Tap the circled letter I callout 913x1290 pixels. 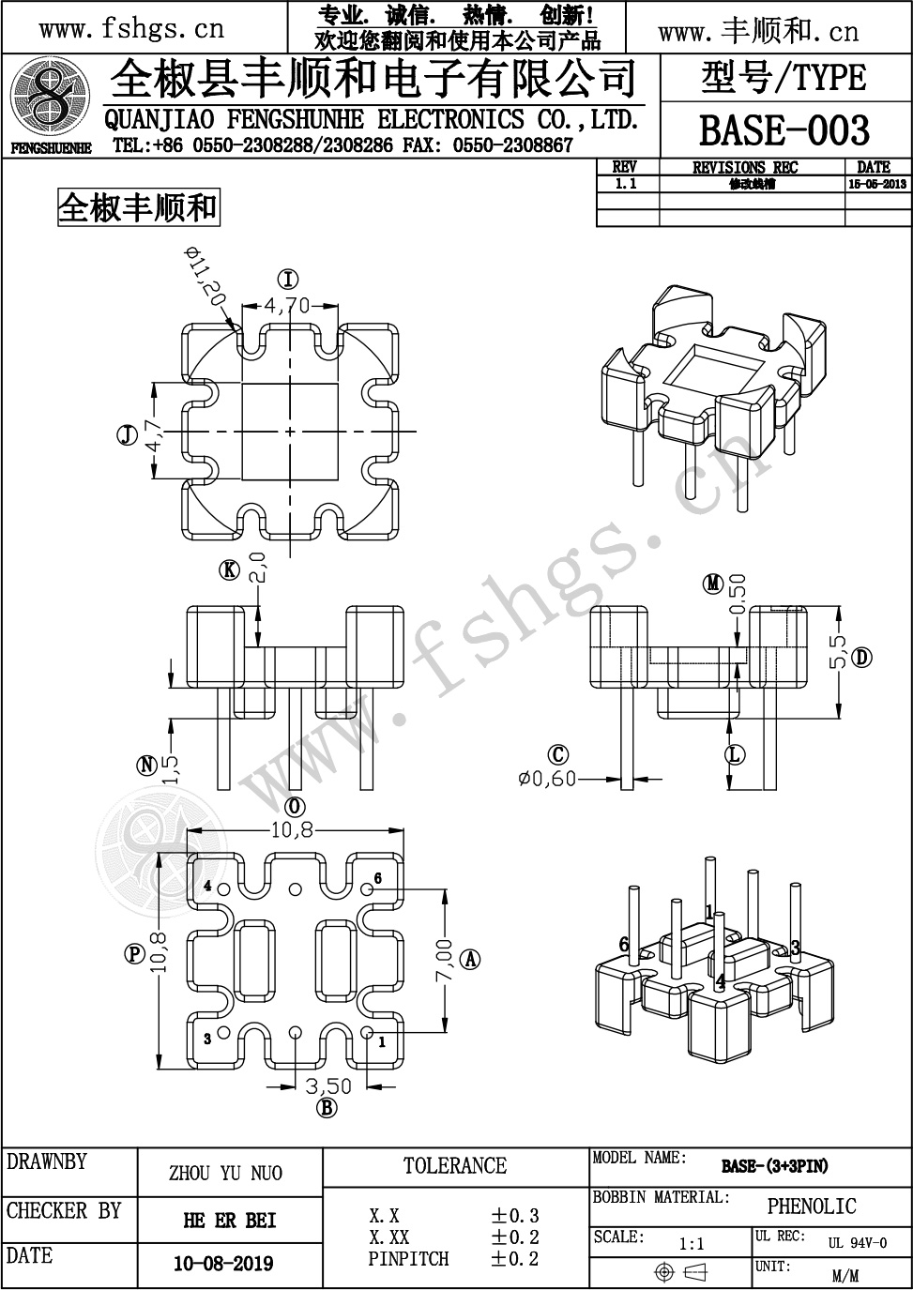(x=288, y=279)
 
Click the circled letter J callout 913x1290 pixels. (x=124, y=434)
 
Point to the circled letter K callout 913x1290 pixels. (x=230, y=569)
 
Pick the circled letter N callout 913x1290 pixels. (x=146, y=766)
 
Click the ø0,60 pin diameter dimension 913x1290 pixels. (x=546, y=778)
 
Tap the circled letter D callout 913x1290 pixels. (x=862, y=657)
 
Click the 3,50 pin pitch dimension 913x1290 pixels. (x=327, y=1085)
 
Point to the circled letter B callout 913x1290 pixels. (x=327, y=1110)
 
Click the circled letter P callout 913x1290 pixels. (x=133, y=953)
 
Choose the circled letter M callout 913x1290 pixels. (x=713, y=584)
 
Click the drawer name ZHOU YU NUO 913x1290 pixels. (x=225, y=1174)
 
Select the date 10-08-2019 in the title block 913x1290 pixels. (x=223, y=1264)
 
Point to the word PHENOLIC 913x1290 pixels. (x=812, y=1207)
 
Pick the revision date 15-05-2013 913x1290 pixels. (x=876, y=185)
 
